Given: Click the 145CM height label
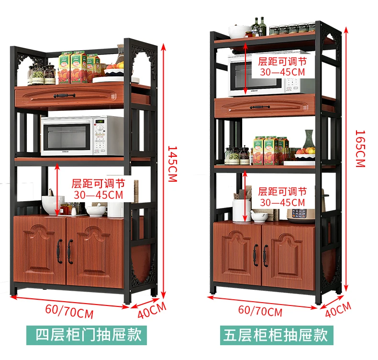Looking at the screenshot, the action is pyautogui.click(x=172, y=164).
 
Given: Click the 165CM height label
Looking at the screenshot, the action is pyautogui.click(x=360, y=148).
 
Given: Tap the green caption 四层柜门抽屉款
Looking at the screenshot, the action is pyautogui.click(x=89, y=334).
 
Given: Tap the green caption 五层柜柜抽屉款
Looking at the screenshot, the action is pyautogui.click(x=276, y=335).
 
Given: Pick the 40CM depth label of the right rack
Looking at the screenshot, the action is pyautogui.click(x=338, y=309).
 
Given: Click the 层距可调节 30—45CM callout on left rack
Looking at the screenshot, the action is pyautogui.click(x=98, y=189).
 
